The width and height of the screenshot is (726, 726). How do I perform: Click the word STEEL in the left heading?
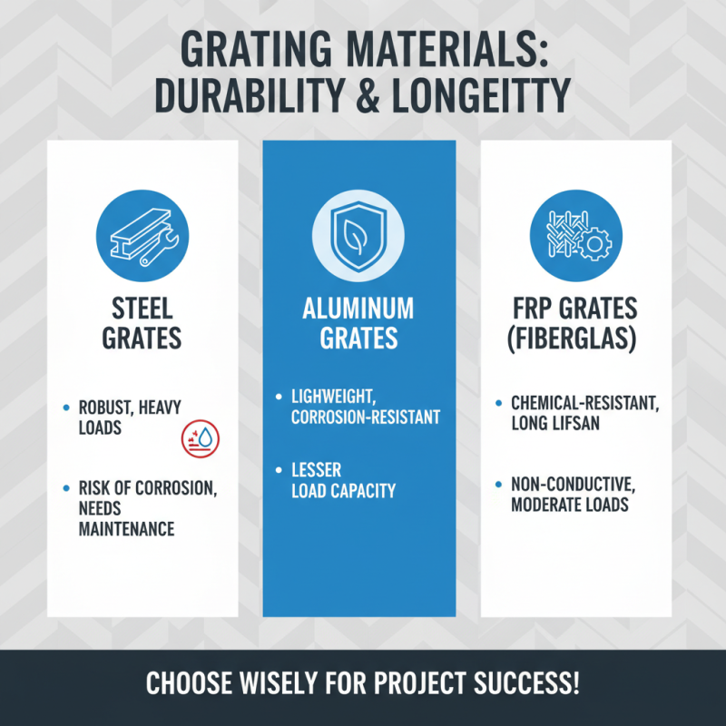(x=142, y=308)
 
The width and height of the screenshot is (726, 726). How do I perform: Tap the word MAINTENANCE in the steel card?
(x=125, y=528)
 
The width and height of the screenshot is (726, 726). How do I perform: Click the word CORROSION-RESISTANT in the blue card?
(x=366, y=417)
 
